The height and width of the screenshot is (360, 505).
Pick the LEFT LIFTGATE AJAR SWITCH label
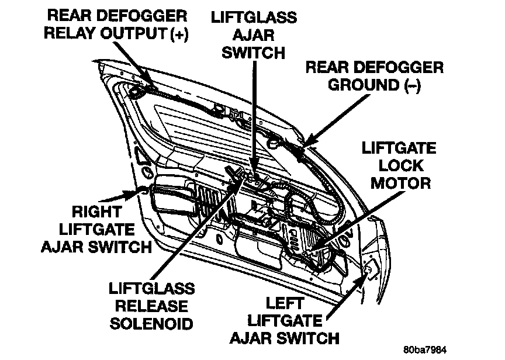pyautogui.click(x=284, y=320)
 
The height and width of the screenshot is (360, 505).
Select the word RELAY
pyautogui.click(x=74, y=33)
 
